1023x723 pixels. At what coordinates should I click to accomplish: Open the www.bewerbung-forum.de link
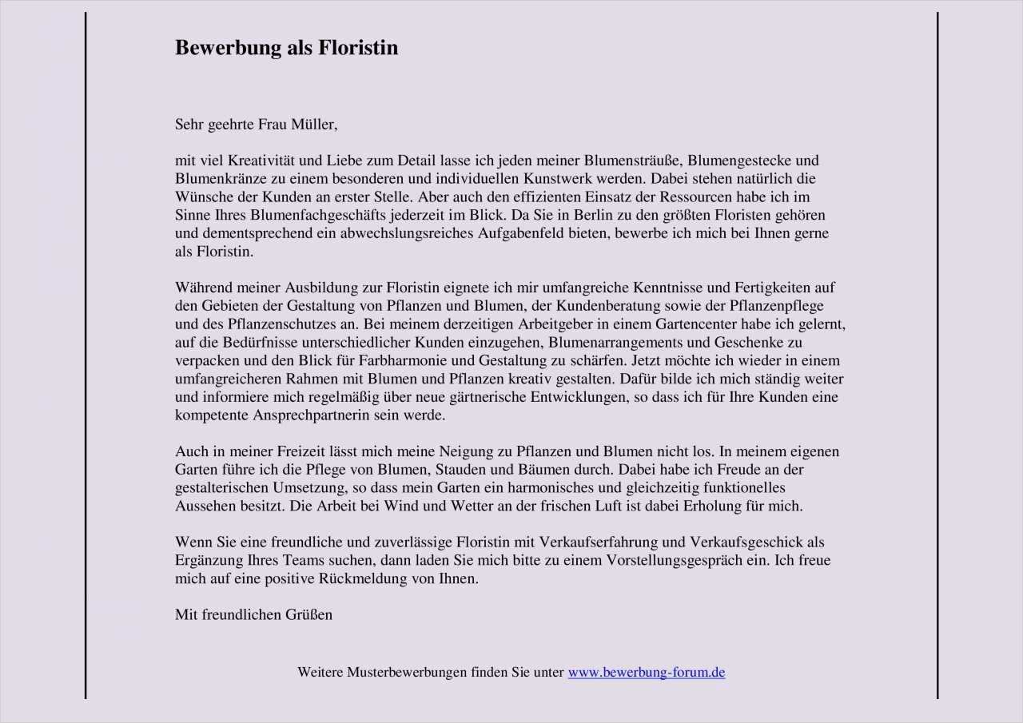(x=647, y=673)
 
